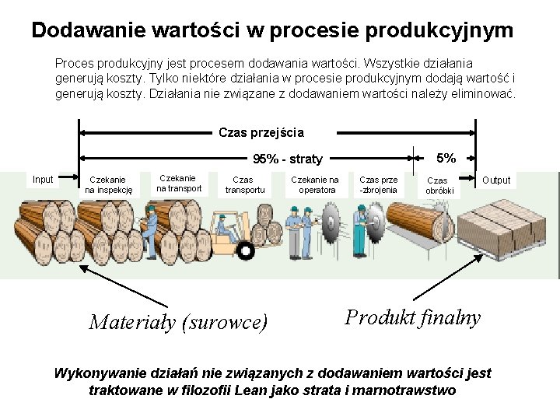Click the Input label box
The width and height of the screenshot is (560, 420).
(43, 180)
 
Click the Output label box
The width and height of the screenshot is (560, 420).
(496, 180)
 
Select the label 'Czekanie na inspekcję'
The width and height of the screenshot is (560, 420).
(109, 184)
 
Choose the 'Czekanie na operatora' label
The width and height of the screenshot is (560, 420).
(315, 184)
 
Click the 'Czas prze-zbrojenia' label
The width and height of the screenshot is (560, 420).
(378, 184)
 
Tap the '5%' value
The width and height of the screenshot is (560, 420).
(446, 158)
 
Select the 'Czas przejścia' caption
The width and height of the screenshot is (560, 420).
(261, 132)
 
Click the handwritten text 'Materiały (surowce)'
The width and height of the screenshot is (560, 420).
(178, 321)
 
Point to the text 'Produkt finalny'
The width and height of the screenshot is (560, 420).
(412, 317)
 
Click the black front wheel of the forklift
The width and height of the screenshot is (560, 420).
(246, 250)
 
